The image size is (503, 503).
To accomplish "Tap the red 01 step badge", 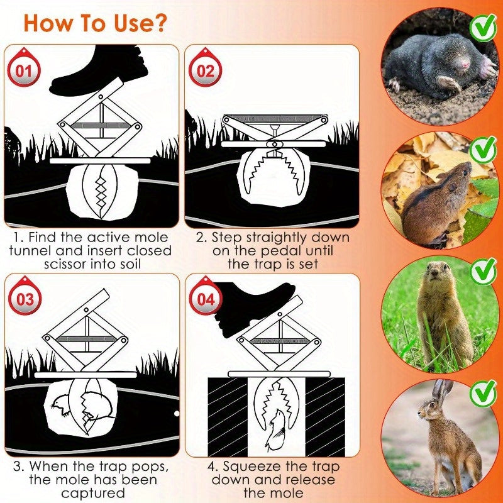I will pos(23,70).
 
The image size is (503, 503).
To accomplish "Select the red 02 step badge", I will pos(206,70).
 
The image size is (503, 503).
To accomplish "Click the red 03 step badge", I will pos(25,299).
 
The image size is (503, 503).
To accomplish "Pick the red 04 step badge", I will pos(206,299).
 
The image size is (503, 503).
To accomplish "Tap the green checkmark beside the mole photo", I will pos(483,26).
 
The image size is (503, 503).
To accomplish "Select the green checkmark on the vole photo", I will pos(483,149).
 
